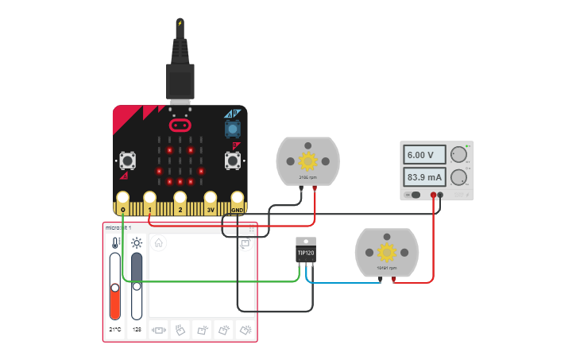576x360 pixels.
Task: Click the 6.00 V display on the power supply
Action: click(419, 155)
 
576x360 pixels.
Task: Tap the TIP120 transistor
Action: click(306, 252)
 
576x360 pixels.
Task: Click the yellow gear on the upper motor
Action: click(307, 161)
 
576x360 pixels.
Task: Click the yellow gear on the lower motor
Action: click(387, 253)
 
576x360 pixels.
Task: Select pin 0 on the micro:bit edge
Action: click(123, 199)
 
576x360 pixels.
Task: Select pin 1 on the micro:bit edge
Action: click(149, 199)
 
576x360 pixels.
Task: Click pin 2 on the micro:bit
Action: click(180, 199)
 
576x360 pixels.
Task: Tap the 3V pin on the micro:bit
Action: click(211, 199)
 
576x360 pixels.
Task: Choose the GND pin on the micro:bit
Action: click(237, 199)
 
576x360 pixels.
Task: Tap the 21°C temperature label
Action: click(115, 329)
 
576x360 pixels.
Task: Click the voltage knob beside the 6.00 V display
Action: click(458, 155)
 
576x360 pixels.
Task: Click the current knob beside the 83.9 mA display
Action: click(458, 176)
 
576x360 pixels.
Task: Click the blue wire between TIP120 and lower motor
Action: click(342, 282)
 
